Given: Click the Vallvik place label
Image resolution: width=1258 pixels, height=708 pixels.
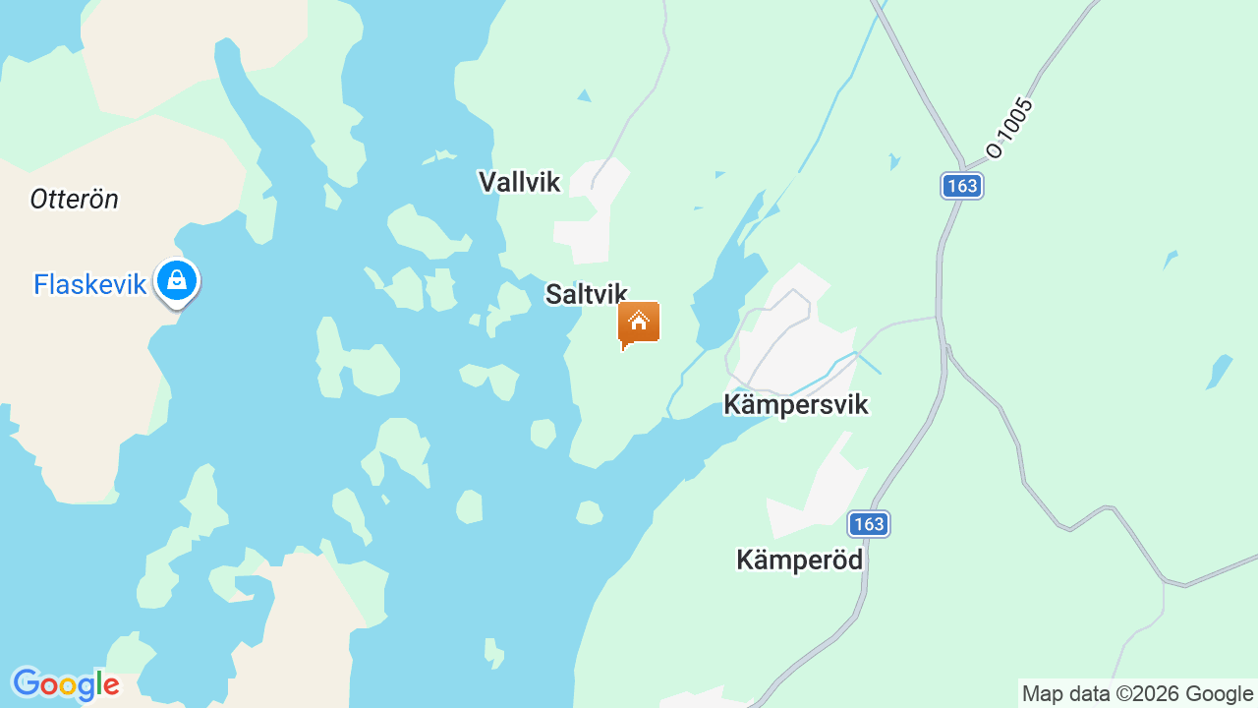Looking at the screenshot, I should point(519,182).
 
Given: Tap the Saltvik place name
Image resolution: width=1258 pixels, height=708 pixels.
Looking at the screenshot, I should point(586,294).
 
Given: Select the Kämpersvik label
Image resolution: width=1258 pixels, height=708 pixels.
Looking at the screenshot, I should point(796,404).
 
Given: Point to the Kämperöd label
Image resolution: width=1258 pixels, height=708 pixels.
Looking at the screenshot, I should point(799,560).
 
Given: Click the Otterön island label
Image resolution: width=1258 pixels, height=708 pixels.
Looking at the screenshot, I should point(74,200).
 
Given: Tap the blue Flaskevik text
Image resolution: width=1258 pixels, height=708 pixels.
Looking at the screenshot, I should point(89,285).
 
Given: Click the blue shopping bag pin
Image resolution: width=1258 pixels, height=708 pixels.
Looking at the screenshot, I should point(177,281).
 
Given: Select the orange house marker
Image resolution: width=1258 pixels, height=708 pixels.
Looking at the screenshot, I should point(639,323).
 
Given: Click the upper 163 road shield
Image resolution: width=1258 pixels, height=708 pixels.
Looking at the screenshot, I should point(961,186).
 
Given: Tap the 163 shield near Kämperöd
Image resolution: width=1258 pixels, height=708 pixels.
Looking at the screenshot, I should point(869,524).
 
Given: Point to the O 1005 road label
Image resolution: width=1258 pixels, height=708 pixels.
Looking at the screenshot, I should point(1010,128).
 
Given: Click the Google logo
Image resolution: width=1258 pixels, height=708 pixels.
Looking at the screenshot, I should point(65,684).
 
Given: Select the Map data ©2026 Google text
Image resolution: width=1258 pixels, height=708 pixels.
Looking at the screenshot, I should point(1137,693).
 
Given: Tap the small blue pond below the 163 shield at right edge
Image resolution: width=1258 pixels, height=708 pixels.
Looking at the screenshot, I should point(1220,371).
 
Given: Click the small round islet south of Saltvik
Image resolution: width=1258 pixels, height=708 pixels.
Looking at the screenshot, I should point(543,433).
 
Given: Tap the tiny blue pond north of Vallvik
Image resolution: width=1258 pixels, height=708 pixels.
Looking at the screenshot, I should point(585,95).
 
